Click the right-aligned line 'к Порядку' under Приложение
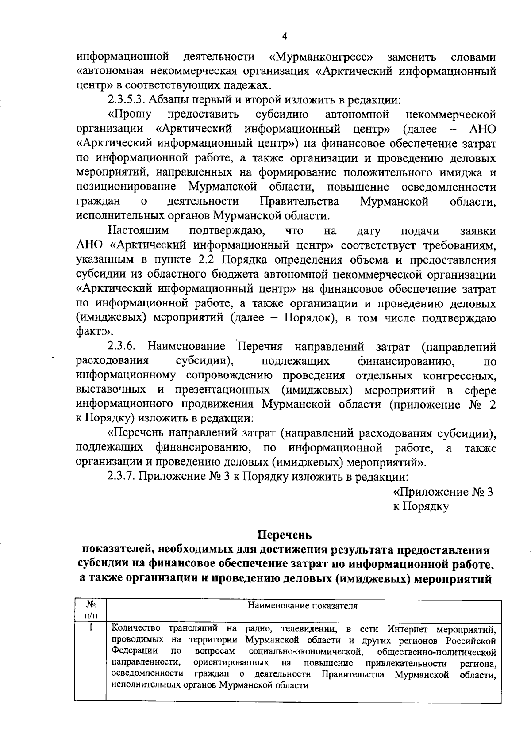[x=421, y=507]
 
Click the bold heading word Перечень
[x=285, y=535]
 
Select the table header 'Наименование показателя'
[x=303, y=606]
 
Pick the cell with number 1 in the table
[x=90, y=628]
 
